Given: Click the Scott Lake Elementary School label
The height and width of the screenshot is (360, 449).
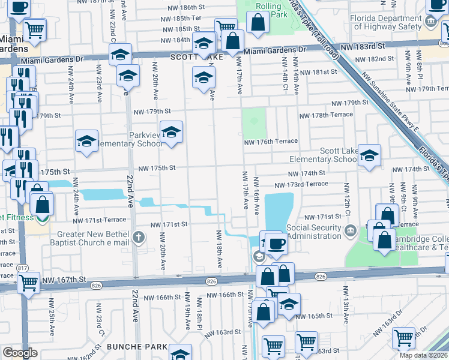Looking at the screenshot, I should click(322, 155).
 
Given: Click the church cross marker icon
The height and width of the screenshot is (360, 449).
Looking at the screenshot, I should click(139, 236).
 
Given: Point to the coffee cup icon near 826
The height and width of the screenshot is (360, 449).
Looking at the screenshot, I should click(276, 244).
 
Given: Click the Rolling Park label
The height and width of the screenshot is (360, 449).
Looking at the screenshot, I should click(268, 10).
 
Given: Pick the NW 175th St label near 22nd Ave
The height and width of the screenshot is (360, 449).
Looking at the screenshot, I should click(157, 168).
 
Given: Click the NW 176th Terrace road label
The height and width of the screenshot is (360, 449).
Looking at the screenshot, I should click(271, 142).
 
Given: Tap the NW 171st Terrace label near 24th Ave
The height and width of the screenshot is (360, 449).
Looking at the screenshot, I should click(100, 220).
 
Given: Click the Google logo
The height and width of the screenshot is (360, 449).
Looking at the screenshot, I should click(20, 352).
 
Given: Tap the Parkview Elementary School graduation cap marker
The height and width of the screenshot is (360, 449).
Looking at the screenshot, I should click(171, 131).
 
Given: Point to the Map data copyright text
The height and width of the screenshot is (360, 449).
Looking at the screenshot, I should click(423, 355).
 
